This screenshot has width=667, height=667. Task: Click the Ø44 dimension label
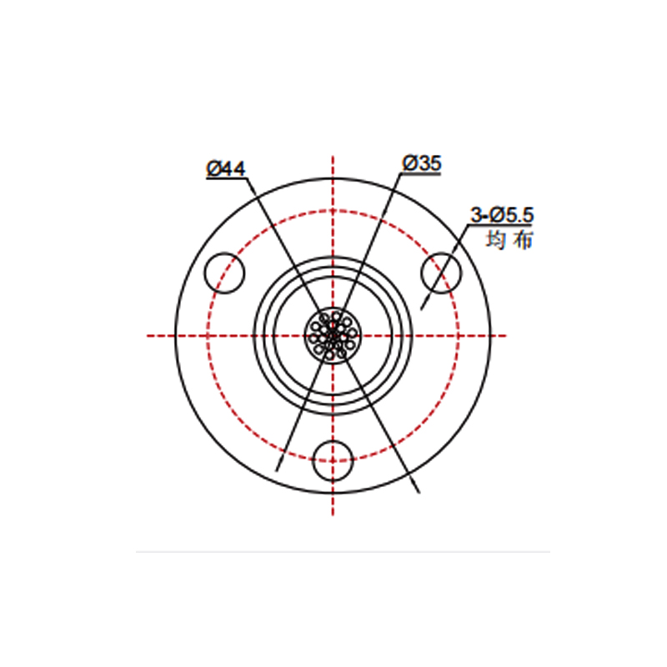tap(225, 168)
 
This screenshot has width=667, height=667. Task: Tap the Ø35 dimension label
tap(422, 163)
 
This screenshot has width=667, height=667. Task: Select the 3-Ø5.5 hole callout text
tap(502, 215)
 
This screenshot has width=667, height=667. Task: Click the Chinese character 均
tap(495, 239)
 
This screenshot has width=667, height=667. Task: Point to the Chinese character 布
tap(523, 239)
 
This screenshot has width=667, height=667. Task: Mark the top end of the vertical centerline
tap(333, 156)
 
